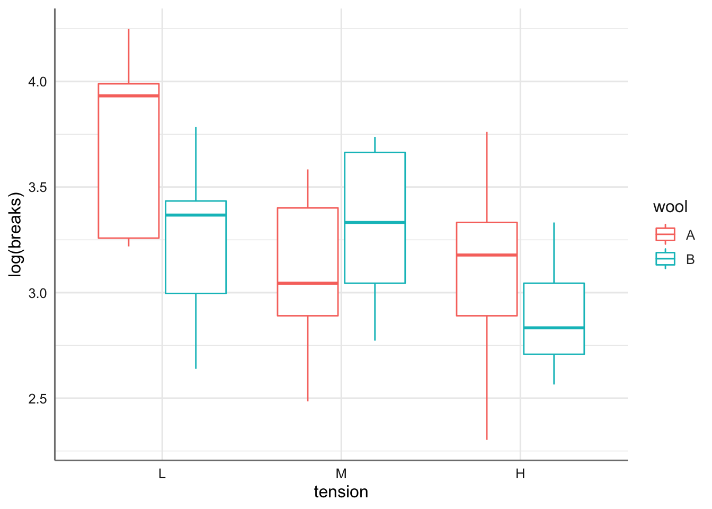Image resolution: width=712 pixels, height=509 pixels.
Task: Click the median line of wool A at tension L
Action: [129, 96]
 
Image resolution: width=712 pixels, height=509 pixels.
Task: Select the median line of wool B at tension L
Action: [196, 215]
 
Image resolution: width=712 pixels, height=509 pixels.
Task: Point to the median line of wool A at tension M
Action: [308, 283]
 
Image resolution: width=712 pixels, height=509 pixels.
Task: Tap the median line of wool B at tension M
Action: [375, 223]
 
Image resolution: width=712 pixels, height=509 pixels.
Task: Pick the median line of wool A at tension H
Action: [487, 255]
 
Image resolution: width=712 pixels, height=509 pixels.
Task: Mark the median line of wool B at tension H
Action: [554, 328]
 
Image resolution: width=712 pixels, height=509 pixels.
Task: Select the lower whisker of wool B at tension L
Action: [196, 331]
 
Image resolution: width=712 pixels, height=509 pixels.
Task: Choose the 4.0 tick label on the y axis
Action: [38, 82]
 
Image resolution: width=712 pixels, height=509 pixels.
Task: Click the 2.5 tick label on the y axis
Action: [38, 399]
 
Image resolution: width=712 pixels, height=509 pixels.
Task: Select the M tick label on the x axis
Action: [341, 474]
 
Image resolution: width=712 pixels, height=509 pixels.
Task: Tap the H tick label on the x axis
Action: [520, 474]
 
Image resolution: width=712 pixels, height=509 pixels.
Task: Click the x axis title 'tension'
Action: [341, 492]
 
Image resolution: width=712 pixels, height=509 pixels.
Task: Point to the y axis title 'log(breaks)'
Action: [16, 235]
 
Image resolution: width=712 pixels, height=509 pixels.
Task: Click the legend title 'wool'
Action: [670, 207]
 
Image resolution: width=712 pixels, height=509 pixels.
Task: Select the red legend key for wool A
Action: [665, 234]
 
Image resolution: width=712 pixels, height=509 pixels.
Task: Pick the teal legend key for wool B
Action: [665, 259]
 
